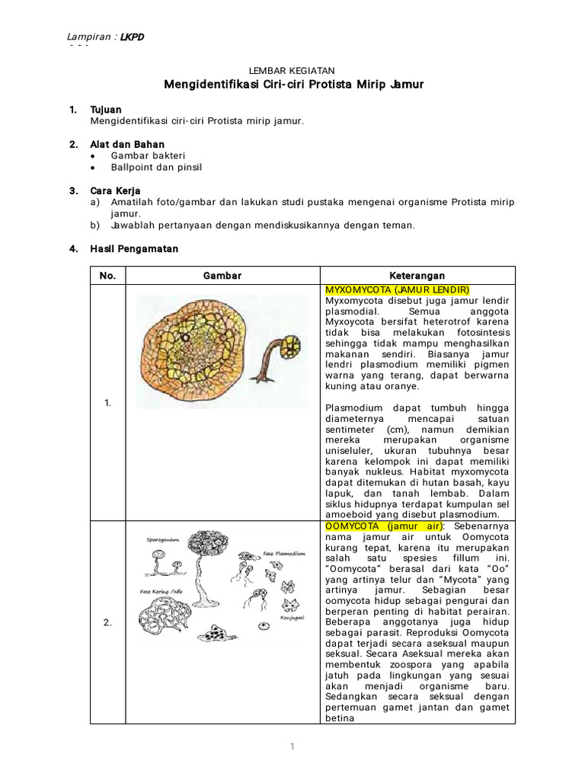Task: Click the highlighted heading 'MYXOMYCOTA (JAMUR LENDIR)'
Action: click(x=397, y=290)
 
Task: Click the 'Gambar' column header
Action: click(x=222, y=276)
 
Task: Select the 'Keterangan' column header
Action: click(x=417, y=276)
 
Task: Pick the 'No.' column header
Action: click(x=107, y=276)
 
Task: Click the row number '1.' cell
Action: click(x=107, y=403)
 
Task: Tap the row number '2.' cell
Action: click(x=107, y=622)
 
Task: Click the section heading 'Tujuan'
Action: click(x=106, y=110)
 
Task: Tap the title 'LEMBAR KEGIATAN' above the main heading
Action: click(x=292, y=70)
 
